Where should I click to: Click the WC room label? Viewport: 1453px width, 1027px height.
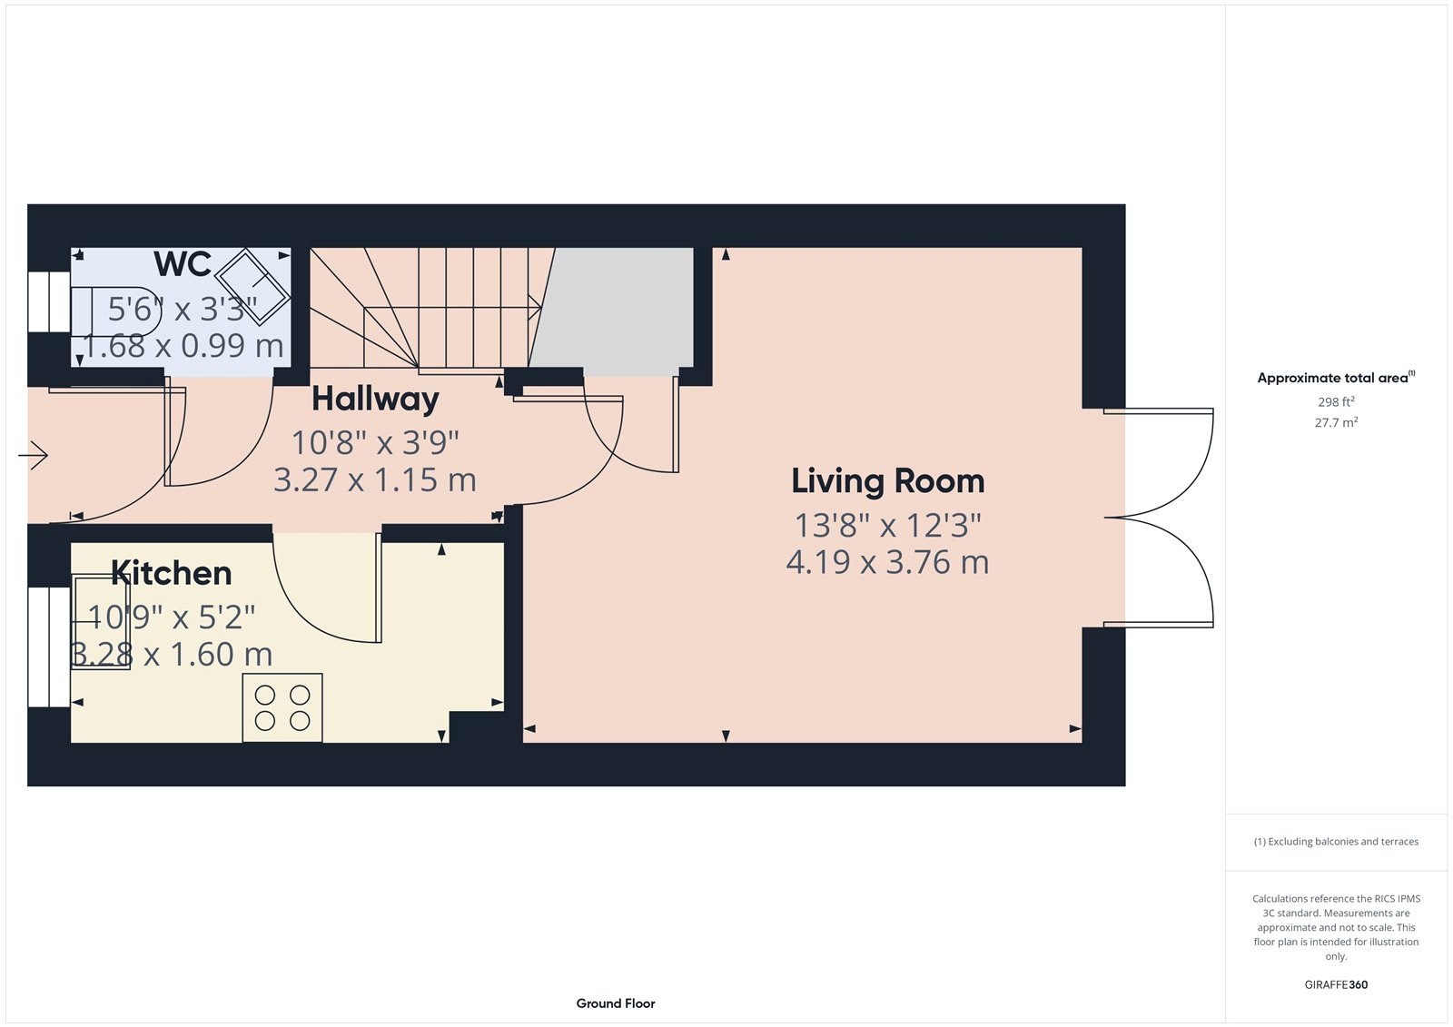183,264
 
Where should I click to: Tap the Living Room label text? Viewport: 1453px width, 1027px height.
887,481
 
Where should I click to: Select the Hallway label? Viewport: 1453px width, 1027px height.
375,399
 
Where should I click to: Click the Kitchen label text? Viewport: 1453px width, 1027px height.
171,573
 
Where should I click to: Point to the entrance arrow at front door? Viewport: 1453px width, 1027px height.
34,454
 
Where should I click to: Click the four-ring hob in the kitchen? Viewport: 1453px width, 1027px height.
282,707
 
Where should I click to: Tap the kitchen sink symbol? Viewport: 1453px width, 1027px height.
101,622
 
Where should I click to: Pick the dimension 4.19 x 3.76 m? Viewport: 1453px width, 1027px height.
887,562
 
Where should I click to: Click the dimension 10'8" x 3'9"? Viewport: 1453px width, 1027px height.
375,443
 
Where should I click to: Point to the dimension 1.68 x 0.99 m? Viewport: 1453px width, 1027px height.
183,346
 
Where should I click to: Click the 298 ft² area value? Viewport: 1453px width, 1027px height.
1336,401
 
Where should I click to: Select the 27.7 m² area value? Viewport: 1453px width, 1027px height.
1336,422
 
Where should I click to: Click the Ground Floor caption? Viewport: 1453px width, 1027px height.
615,1003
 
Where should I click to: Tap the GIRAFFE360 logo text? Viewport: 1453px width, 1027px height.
1336,984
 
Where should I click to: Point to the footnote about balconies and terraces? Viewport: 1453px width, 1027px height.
1336,842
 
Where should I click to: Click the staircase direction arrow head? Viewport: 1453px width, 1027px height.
537,309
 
